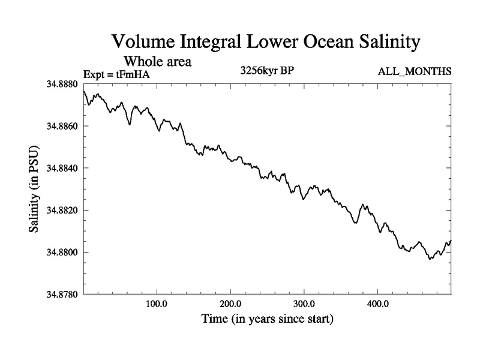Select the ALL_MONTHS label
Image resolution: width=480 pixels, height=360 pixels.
point(414,72)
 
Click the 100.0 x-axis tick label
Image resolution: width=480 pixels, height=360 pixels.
point(157,303)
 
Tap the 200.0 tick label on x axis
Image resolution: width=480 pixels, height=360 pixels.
point(230,303)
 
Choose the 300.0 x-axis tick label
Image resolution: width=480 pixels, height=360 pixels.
point(304,303)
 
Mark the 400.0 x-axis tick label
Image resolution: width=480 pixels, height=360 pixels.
point(378,303)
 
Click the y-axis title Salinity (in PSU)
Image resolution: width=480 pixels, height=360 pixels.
point(34,189)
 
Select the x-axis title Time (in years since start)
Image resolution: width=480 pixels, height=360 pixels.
point(266,319)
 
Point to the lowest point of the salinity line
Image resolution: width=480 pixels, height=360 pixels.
point(430,259)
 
